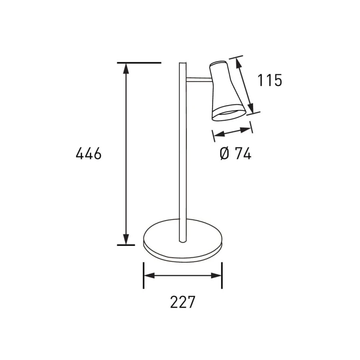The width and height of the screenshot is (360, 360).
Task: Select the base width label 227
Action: (182, 302)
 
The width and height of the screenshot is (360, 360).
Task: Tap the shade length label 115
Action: (270, 80)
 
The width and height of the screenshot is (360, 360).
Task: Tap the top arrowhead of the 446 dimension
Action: (126, 68)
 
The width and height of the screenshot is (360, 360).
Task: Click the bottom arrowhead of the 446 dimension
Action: (126, 239)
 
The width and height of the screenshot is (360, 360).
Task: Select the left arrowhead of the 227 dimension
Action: (149, 276)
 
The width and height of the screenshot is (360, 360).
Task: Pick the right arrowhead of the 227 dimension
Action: (216, 276)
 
